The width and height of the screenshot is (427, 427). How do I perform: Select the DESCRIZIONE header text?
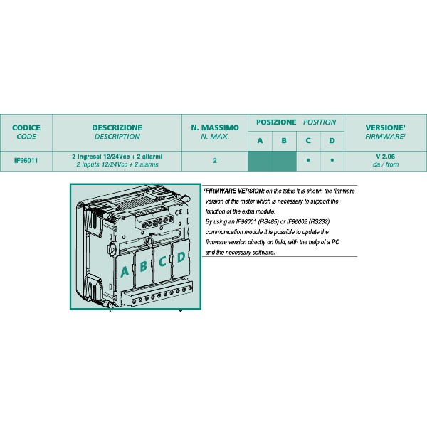tap(117, 128)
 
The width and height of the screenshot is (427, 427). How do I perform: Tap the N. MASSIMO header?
tap(214, 128)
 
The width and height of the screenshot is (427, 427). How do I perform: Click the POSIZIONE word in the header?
tap(276, 122)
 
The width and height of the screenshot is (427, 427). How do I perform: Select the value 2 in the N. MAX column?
tap(214, 161)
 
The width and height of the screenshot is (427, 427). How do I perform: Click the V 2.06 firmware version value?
tap(385, 157)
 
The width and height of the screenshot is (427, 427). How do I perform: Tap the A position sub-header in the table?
tap(260, 141)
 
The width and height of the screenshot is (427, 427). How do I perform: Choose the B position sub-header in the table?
tap(284, 141)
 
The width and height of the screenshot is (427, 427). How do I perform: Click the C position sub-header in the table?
tap(308, 141)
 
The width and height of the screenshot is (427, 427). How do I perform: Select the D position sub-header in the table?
tap(332, 141)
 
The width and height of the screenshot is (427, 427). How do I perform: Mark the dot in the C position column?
tap(308, 161)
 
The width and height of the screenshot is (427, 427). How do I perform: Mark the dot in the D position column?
tap(332, 161)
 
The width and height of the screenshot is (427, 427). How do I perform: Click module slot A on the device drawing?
tap(125, 271)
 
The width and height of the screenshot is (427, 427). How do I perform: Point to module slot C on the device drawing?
tap(162, 262)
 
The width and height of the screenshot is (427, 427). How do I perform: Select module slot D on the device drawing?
tap(181, 258)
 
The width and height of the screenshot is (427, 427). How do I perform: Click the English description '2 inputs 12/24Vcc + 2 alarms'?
tap(117, 164)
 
